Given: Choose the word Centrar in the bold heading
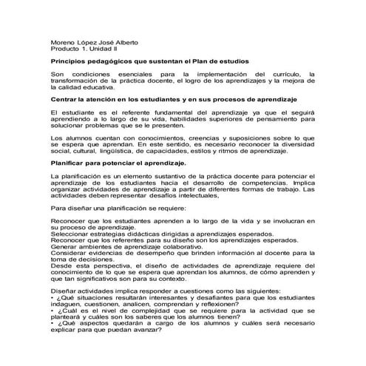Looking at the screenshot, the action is (64, 98).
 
